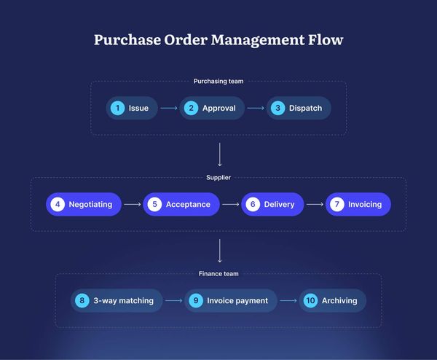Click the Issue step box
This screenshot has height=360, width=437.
coord(131,108)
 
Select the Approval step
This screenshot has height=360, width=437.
coord(210,108)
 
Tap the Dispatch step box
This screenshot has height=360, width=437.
coord(298,108)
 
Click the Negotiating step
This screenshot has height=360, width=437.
coord(83,204)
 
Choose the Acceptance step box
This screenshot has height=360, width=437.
coord(181,204)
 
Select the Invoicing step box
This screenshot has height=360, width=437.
coord(358,204)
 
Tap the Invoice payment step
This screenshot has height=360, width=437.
coord(231,300)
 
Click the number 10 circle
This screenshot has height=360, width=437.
coord(310,300)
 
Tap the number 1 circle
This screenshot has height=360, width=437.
coord(117,108)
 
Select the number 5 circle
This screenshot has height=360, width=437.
coord(154,204)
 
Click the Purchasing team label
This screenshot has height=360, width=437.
coord(219,81)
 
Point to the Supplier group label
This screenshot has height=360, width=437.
coord(219,177)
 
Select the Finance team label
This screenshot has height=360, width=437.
coord(219,273)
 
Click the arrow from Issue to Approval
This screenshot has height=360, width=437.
coord(169,108)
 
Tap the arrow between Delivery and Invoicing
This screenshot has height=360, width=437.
coord(315,204)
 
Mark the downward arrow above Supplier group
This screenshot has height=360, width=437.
coord(219,154)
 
